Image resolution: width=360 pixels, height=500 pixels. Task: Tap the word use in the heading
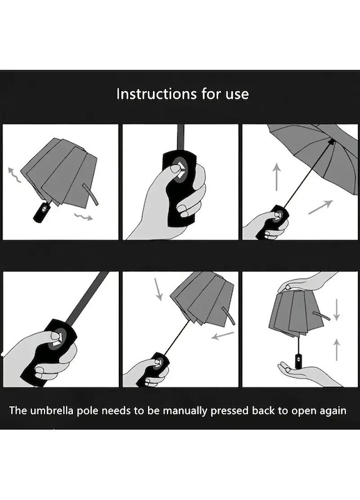pos(237,95)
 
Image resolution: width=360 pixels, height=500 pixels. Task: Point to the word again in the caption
pos(332,411)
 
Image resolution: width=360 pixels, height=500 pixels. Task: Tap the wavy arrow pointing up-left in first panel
pos(14,174)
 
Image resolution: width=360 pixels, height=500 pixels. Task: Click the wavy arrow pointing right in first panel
pos(83,217)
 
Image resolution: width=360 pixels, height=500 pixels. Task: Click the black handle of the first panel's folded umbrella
pos(42,212)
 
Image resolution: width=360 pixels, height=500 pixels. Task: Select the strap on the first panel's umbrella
pos(90,194)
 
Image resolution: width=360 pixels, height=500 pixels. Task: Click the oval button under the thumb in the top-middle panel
pos(178,170)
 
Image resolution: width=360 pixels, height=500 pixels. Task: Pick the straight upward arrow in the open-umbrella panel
pos(277,176)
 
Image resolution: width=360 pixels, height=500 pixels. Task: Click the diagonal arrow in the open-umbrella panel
pos(320,207)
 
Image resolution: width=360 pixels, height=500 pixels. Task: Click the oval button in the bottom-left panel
pos(58,338)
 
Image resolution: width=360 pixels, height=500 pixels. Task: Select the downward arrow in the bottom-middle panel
pos(158,289)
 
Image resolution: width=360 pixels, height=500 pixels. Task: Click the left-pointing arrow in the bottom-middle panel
pos(223,335)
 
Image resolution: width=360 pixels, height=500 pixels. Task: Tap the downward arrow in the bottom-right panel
pos(336,310)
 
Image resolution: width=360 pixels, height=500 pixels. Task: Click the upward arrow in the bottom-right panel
pos(336,350)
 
